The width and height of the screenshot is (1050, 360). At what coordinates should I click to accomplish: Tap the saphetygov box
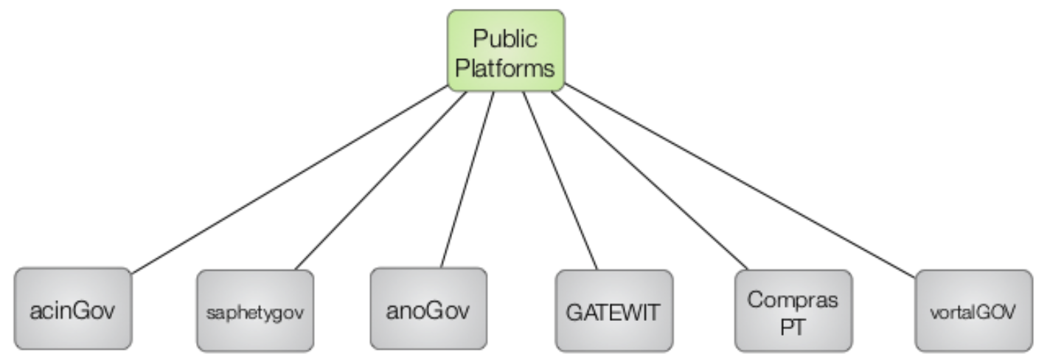point(255,311)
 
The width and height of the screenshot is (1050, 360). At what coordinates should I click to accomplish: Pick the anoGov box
point(428,308)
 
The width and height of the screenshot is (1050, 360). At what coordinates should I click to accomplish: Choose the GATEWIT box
point(614,311)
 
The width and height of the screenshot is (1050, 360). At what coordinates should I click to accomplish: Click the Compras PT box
point(793,311)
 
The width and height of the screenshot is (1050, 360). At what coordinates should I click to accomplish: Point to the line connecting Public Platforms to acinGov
point(289,179)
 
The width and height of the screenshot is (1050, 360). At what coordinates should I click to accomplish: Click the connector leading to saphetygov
point(380,181)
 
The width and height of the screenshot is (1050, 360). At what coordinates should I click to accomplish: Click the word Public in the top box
point(505,38)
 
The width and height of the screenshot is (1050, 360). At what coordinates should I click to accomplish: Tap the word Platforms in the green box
point(506,68)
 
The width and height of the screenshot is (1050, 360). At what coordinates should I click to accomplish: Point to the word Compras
point(793,300)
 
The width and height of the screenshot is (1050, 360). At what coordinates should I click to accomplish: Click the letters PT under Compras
point(793,325)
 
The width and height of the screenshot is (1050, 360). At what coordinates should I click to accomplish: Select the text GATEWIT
point(614,311)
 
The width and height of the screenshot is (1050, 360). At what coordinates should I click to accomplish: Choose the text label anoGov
point(428,310)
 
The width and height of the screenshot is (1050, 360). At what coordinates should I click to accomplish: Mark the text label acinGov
point(73,311)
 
